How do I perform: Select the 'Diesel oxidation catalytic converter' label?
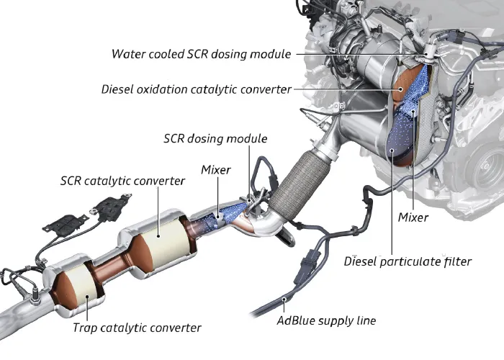point(197,89)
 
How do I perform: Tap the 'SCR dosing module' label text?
point(215,138)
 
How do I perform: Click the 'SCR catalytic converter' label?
point(122,181)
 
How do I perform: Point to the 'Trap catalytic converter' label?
point(136,328)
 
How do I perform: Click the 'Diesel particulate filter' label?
point(408,261)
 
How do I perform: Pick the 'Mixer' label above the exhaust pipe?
point(216,170)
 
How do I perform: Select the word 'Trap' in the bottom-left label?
point(84,328)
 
